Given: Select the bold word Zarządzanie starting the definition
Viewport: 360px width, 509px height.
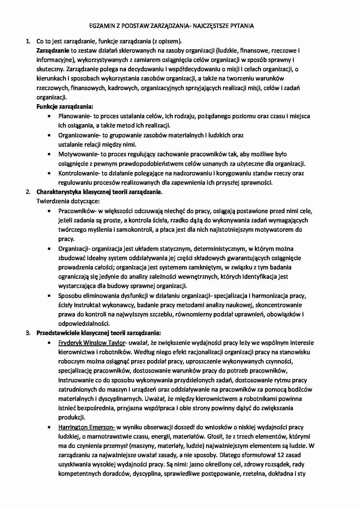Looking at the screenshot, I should (x=53, y=51).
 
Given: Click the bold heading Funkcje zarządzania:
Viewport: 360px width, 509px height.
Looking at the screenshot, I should (x=65, y=107).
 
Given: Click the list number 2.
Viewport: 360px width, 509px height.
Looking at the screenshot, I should (x=28, y=192).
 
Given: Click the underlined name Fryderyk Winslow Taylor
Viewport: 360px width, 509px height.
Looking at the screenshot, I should (x=91, y=343).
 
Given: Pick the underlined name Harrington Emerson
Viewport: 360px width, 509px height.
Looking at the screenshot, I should (x=86, y=427).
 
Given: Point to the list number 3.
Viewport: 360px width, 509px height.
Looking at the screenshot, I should (x=28, y=333).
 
